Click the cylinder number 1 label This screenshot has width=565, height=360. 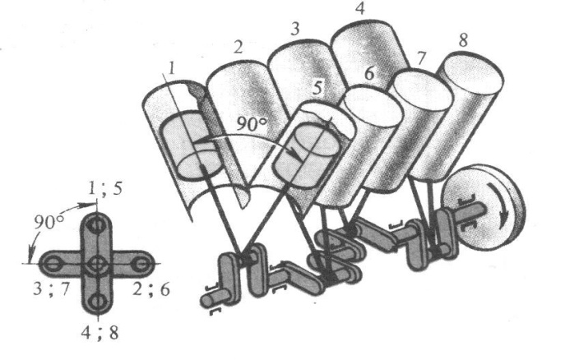[x=172, y=68]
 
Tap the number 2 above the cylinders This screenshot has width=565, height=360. [x=238, y=47]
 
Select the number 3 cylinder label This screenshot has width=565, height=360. [x=294, y=29]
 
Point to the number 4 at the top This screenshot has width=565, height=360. [x=359, y=8]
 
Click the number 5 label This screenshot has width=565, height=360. [x=317, y=87]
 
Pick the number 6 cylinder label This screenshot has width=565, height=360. [x=369, y=73]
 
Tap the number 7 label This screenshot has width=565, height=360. [x=421, y=58]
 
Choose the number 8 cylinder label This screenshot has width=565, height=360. [x=463, y=40]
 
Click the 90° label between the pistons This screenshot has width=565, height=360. [x=252, y=124]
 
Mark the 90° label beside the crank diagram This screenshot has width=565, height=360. [x=49, y=223]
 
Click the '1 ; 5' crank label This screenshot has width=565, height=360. [x=104, y=189]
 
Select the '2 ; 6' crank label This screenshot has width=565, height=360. [x=151, y=288]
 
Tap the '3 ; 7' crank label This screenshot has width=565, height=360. [x=51, y=288]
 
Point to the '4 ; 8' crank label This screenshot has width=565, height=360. [x=100, y=333]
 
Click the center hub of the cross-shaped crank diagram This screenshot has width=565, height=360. [x=96, y=264]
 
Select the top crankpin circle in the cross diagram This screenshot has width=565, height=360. [x=96, y=225]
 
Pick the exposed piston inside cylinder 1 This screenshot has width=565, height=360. [x=190, y=145]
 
